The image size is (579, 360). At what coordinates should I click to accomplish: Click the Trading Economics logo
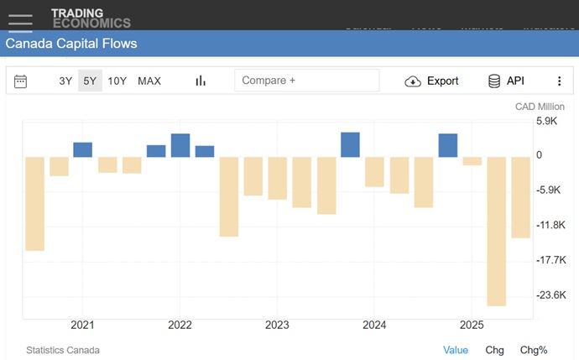(x=91, y=18)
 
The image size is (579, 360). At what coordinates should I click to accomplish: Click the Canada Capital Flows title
(x=71, y=44)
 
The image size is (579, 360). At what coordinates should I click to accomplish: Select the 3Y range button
(x=65, y=81)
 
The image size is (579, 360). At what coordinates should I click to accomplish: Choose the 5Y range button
(x=90, y=81)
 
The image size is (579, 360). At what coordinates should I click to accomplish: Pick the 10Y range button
(x=117, y=81)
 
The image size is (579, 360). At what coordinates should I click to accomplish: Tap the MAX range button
(x=149, y=81)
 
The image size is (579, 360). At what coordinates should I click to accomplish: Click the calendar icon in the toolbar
(x=21, y=81)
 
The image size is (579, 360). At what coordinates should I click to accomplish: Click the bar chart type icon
(x=201, y=81)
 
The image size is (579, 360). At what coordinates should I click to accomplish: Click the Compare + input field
(x=306, y=81)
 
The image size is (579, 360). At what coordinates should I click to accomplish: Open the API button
(x=506, y=81)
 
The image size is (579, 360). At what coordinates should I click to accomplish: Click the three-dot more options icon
(x=560, y=81)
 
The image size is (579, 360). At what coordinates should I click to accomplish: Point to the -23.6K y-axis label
(x=551, y=295)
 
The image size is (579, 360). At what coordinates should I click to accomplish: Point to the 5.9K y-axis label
(x=546, y=121)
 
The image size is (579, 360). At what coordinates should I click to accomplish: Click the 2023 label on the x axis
(x=277, y=325)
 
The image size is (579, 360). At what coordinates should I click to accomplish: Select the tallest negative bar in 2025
(x=496, y=232)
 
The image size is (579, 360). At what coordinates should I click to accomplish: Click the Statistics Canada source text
(x=63, y=350)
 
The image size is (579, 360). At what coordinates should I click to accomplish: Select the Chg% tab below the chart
(x=534, y=350)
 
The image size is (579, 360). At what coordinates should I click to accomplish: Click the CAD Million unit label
(x=540, y=107)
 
